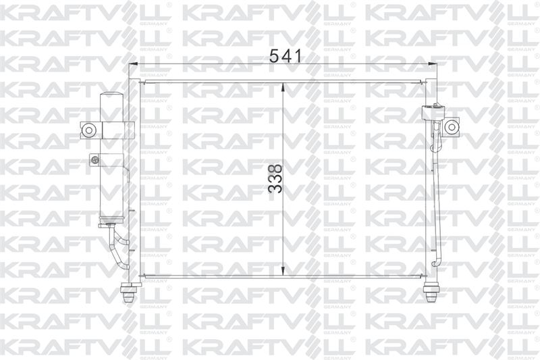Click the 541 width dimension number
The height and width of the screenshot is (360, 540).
point(285,56)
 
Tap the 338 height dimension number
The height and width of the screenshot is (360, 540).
point(275,179)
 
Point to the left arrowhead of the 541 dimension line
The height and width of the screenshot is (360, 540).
point(133,63)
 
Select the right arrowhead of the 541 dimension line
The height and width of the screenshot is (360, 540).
point(432,63)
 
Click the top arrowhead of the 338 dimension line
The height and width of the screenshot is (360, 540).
point(282,87)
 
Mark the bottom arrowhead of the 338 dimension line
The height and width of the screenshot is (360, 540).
point(282,271)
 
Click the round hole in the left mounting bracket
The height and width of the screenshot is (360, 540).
point(89,130)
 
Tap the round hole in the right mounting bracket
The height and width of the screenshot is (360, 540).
point(451,127)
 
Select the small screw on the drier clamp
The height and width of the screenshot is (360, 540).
point(94,159)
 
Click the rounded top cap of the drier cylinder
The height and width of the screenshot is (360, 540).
point(112,96)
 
